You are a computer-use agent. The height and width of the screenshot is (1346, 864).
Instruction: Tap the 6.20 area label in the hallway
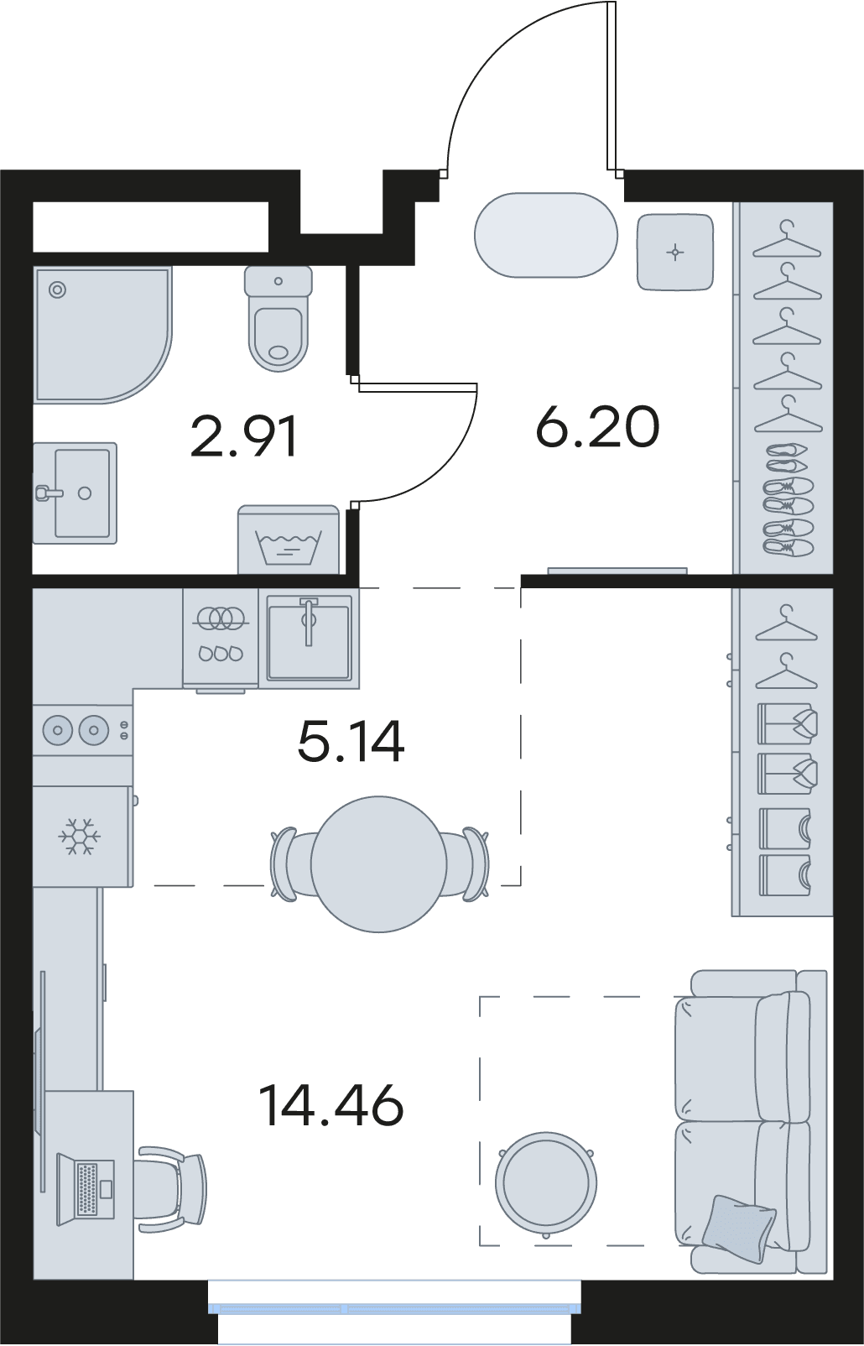(598, 427)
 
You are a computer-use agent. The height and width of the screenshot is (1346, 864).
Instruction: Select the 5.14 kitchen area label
(351, 742)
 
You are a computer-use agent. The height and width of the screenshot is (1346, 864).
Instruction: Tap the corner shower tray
(103, 335)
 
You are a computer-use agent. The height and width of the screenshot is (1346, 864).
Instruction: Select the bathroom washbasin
(75, 493)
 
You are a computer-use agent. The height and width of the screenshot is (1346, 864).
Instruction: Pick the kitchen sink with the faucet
(309, 638)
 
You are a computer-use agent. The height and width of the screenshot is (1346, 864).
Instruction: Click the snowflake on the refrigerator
(80, 836)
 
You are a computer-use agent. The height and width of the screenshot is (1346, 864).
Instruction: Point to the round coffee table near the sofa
(546, 1183)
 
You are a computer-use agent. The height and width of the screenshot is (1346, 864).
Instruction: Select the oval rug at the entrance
(545, 235)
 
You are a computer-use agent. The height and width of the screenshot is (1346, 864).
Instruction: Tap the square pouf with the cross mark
(675, 252)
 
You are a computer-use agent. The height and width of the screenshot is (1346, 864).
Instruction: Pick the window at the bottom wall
(395, 1307)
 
